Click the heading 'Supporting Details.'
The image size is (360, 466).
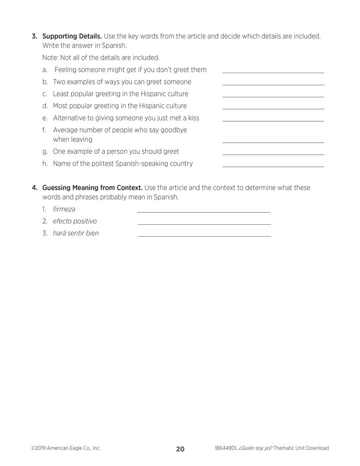[72, 36]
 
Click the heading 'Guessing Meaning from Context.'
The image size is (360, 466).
[92, 188]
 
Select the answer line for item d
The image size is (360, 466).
[273, 108]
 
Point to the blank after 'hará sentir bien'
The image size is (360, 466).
[204, 236]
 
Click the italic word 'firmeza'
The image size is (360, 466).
[64, 209]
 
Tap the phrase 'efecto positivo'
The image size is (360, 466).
[75, 221]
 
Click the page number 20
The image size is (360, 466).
[180, 449]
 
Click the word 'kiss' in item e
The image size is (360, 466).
[193, 118]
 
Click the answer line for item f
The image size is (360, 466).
[273, 142]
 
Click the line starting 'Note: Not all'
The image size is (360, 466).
[101, 58]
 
